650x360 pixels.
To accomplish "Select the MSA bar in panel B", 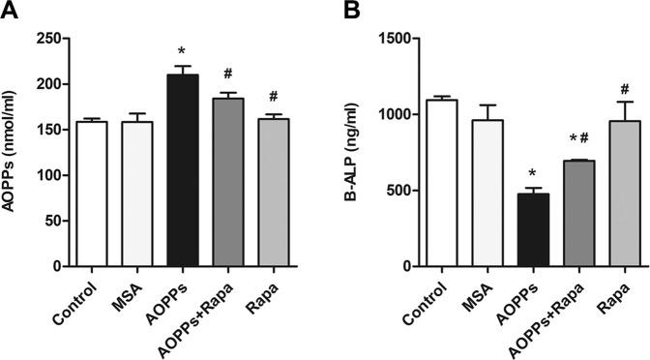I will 487,193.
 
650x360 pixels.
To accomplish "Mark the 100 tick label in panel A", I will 48,175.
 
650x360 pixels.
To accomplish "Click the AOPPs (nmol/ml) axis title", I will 14,152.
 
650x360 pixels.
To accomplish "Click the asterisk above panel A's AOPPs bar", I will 181,51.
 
